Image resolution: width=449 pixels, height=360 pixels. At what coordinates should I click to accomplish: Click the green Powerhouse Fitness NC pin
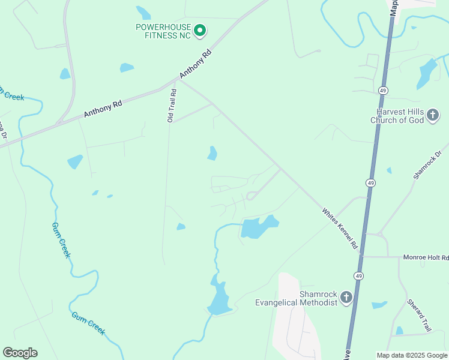point(200,30)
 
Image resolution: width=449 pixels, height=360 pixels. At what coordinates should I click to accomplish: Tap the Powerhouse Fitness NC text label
point(163,31)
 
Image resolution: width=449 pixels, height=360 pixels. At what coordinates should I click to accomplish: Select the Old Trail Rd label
point(172,106)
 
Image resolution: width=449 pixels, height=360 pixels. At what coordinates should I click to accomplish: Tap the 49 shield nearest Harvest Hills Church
point(383,90)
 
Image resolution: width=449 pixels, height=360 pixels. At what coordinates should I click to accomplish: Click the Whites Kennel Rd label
point(340,229)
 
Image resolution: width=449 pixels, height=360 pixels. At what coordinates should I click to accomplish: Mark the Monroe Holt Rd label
point(426,257)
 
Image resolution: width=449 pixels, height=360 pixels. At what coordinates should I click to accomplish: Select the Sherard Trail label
point(419,315)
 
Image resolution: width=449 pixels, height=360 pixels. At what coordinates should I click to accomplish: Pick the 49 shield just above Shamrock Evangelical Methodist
point(358,275)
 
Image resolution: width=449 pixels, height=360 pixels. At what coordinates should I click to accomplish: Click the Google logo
point(20,353)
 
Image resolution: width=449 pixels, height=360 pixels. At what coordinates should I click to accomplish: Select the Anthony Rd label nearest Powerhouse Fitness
point(196,62)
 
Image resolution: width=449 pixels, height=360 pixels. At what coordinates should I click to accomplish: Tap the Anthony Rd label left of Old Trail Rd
point(103,108)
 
